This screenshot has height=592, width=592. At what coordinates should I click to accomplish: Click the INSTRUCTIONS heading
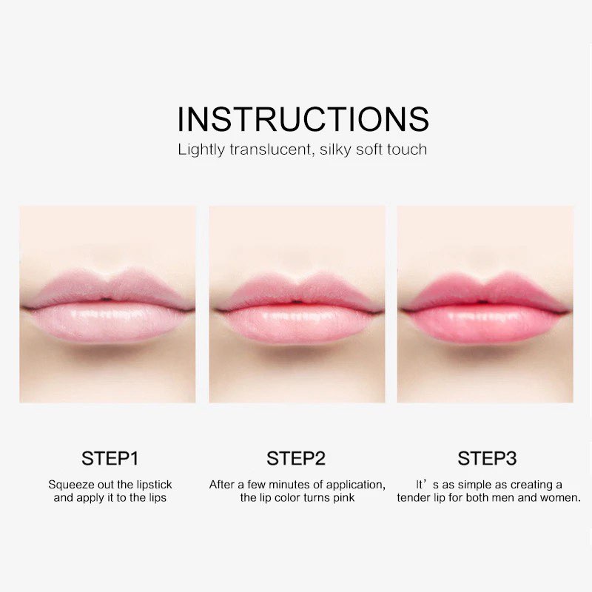303,119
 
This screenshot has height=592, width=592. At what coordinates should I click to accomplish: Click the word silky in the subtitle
335,149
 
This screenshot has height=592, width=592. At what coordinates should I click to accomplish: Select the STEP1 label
110,458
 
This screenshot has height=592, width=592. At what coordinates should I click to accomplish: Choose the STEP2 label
296,458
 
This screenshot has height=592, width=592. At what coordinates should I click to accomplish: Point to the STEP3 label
487,458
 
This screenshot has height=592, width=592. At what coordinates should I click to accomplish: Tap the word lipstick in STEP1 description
154,485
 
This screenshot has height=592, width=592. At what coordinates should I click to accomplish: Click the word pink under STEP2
343,497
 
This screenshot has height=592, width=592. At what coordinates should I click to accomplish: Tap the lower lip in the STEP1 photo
107,323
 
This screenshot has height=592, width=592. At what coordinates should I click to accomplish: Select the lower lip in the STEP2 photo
297,324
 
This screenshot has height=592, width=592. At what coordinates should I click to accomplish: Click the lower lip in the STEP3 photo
484,324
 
